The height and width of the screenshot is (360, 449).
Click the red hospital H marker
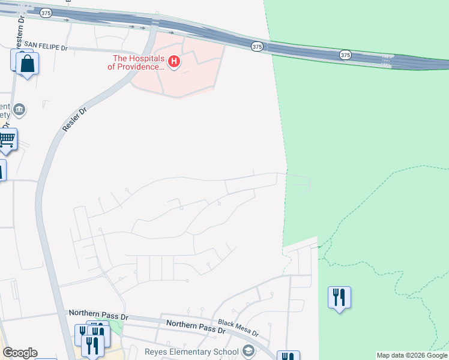[174, 61]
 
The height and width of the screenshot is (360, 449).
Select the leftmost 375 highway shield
[46, 12]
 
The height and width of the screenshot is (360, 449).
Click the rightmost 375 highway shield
[345, 55]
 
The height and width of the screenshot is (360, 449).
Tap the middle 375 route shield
[257, 46]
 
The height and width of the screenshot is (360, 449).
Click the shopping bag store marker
[27, 64]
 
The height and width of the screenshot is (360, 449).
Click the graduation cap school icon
[248, 351]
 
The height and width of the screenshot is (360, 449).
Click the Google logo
[20, 353]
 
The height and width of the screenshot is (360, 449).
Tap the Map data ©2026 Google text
[412, 355]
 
